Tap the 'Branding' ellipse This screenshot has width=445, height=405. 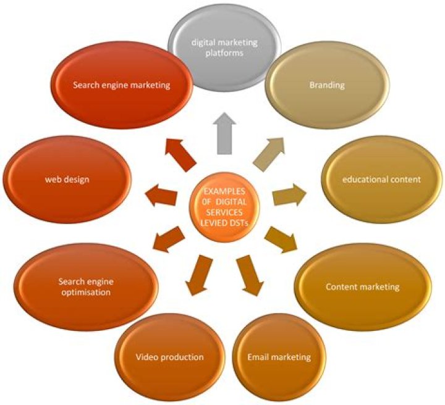click(327, 85)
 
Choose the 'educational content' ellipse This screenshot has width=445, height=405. click(381, 180)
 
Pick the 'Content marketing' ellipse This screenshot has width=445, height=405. click(362, 287)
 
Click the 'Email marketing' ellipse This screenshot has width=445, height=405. click(279, 357)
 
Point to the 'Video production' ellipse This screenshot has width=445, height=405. click(169, 357)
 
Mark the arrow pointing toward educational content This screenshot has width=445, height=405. click(289, 194)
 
